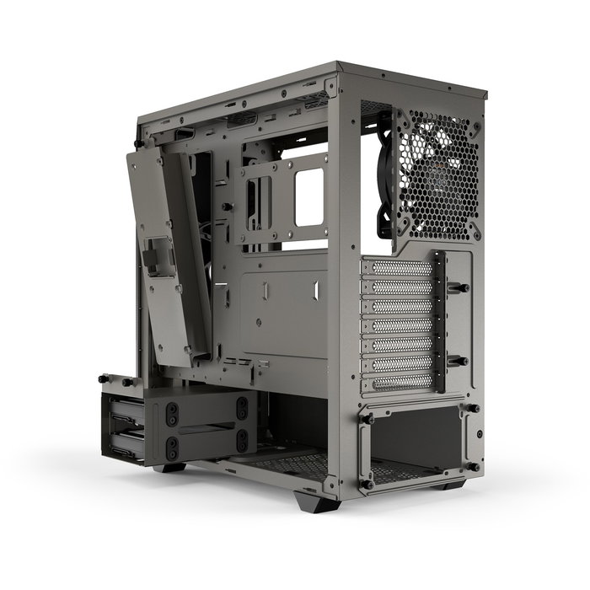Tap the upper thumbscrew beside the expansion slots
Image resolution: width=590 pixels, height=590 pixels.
pos(463,288)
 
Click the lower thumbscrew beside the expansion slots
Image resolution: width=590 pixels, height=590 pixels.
pos(463,360)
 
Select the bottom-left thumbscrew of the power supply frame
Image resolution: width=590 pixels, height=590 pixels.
pos(367,484)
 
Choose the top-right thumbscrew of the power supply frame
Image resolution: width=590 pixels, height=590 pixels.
pos(473,409)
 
